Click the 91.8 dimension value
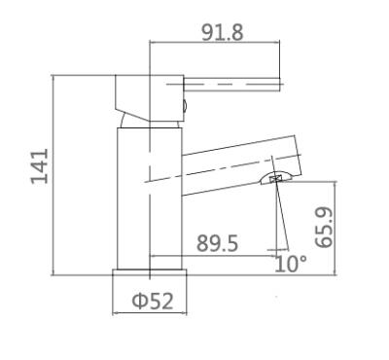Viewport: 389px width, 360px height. click(x=222, y=33)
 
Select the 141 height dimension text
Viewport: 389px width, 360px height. click(x=40, y=166)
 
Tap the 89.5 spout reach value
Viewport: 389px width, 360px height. click(x=218, y=243)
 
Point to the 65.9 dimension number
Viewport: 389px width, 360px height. click(x=324, y=227)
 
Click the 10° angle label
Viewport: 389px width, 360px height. click(x=290, y=264)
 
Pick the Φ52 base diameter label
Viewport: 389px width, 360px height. click(x=153, y=301)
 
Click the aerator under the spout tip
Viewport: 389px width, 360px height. click(x=277, y=178)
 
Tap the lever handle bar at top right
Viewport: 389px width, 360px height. click(x=231, y=84)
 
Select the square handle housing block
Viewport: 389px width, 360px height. click(x=150, y=98)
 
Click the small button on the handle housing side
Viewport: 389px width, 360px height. click(x=186, y=106)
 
